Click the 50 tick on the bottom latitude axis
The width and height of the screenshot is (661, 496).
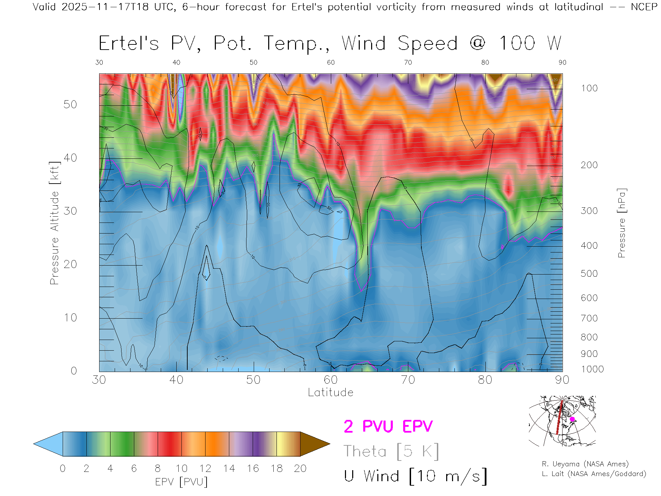[x=253, y=380]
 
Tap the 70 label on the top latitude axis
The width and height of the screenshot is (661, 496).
[x=408, y=62]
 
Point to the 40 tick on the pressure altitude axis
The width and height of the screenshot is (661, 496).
[x=70, y=158]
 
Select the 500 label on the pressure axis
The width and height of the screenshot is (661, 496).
[x=589, y=273]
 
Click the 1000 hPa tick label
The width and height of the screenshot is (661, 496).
[x=592, y=369]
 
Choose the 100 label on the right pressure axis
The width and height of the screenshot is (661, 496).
[x=589, y=88]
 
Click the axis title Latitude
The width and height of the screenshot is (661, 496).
[x=330, y=392]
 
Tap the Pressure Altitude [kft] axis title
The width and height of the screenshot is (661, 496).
[x=54, y=223]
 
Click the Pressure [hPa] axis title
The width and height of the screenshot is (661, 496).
[x=622, y=223]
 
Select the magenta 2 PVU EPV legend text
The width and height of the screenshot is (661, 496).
[x=388, y=426]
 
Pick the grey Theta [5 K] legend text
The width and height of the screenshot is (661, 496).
[x=391, y=451]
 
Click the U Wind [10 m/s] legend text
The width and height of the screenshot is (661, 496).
[x=415, y=476]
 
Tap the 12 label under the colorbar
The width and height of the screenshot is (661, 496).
[x=205, y=468]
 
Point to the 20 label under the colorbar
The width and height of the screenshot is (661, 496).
[x=300, y=468]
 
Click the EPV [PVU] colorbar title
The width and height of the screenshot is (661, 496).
[x=181, y=482]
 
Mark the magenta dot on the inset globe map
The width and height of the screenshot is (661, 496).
[x=572, y=419]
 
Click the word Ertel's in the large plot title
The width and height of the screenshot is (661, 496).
[x=129, y=43]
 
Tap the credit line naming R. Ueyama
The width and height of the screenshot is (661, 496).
[x=585, y=464]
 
